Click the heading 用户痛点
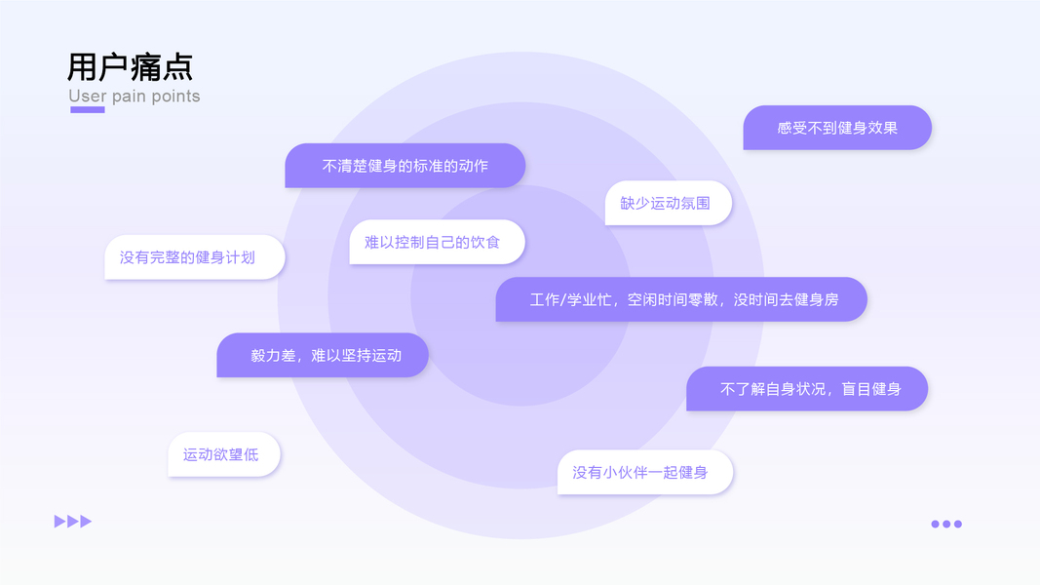click(x=130, y=66)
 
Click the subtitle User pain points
click(x=135, y=97)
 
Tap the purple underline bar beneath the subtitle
click(x=88, y=110)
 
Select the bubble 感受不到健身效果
click(x=837, y=128)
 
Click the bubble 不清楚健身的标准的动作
click(x=405, y=166)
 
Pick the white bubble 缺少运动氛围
click(x=668, y=203)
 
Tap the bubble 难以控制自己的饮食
click(x=437, y=242)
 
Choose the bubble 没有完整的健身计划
click(x=194, y=257)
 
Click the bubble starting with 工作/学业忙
click(x=681, y=299)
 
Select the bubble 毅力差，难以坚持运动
click(x=323, y=356)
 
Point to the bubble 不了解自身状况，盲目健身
click(x=807, y=389)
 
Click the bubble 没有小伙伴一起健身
click(x=645, y=472)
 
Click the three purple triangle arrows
click(x=73, y=522)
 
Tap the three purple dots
click(x=945, y=524)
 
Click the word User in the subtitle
click(x=88, y=97)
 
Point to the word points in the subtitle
click(x=175, y=97)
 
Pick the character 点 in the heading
click(x=177, y=66)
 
